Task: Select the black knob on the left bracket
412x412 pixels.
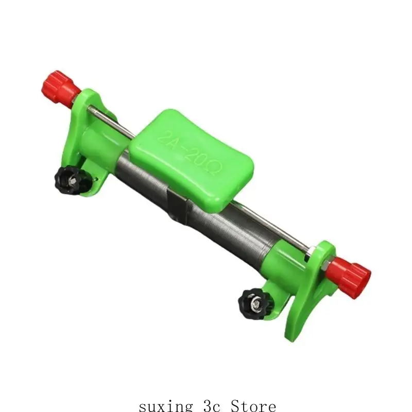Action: coord(70,180)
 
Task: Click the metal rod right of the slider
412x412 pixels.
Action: coord(273,227)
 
